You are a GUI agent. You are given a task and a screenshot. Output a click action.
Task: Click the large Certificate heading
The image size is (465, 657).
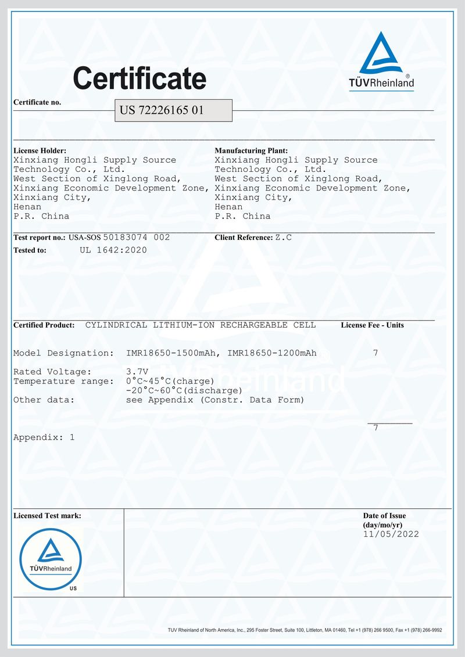[139, 78]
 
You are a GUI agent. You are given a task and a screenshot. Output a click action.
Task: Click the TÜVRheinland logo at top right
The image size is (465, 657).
[381, 61]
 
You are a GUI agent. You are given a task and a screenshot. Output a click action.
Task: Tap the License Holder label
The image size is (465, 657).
[35, 150]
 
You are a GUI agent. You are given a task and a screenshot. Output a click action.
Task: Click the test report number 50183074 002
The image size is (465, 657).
[137, 238]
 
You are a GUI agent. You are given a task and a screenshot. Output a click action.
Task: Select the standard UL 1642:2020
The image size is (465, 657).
[113, 250]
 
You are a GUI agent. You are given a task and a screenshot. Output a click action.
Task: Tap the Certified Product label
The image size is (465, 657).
[44, 325]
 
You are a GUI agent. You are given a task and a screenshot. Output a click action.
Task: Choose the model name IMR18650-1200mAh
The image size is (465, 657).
[272, 353]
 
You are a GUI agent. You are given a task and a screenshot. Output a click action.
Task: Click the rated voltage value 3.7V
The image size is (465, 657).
[137, 372]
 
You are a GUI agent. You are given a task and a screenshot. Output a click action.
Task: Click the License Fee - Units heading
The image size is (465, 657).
[372, 325]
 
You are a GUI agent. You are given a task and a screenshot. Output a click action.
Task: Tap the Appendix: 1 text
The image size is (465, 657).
[44, 437]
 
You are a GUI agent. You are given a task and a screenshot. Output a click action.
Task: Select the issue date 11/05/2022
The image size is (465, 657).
[391, 534]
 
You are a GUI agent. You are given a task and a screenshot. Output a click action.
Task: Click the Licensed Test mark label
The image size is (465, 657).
[47, 516]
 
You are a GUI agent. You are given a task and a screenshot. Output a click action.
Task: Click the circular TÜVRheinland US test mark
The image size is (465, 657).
[51, 559]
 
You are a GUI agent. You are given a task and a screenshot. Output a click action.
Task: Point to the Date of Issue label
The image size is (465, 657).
[384, 516]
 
